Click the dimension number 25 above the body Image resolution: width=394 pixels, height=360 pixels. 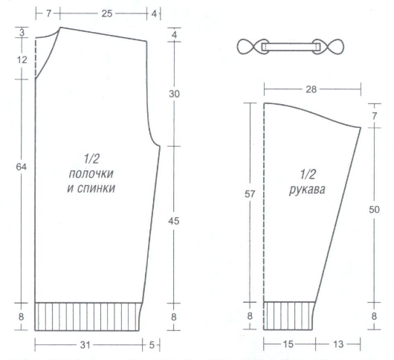[x=107, y=13]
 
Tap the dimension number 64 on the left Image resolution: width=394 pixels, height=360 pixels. [x=21, y=167]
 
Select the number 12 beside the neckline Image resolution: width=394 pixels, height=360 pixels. [x=22, y=60]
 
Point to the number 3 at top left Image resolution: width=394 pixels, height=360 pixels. [x=22, y=33]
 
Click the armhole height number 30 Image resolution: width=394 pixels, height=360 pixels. [x=174, y=94]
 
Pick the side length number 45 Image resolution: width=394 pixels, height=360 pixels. [x=174, y=221]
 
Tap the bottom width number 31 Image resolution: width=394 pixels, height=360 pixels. [x=85, y=345]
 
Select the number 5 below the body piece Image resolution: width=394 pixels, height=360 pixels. [x=152, y=345]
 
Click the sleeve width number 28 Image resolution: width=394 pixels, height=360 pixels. [x=311, y=89]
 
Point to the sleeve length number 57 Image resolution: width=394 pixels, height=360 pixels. [x=250, y=194]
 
